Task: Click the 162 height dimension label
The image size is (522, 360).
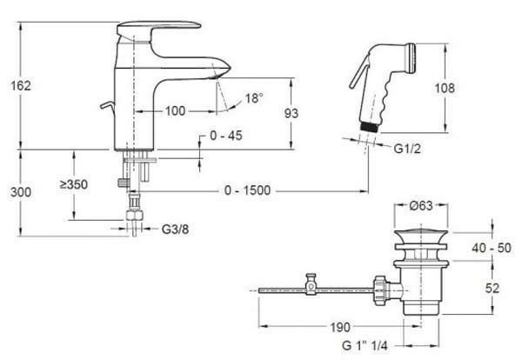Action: point(21,86)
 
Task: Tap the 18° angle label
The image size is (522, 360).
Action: point(254,98)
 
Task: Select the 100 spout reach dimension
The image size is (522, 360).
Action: point(175,111)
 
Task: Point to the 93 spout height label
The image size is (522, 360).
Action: point(291,113)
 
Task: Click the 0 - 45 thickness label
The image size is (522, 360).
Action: point(226,136)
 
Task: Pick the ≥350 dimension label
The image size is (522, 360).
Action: point(74,184)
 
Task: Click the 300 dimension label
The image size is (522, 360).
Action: point(21,192)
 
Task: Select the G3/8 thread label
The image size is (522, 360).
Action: point(175,230)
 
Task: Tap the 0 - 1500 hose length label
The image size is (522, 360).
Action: point(247,190)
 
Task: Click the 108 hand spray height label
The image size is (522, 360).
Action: point(445,88)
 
